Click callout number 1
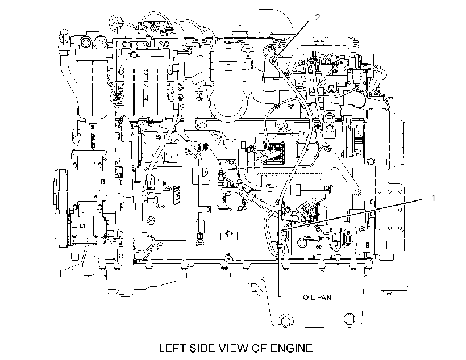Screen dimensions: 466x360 pyautogui.click(x=433, y=198)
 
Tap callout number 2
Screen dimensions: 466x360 pyautogui.click(x=318, y=18)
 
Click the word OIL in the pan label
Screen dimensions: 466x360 pyautogui.click(x=309, y=298)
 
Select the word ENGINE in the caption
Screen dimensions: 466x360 pyautogui.click(x=292, y=348)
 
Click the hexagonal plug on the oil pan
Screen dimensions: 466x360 pyautogui.click(x=286, y=320)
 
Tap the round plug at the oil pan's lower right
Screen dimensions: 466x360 pyautogui.click(x=349, y=319)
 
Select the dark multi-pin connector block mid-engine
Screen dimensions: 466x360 pyautogui.click(x=273, y=152)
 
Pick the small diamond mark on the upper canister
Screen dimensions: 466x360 pyautogui.click(x=228, y=64)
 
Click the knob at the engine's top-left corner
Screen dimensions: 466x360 pyautogui.click(x=64, y=33)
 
